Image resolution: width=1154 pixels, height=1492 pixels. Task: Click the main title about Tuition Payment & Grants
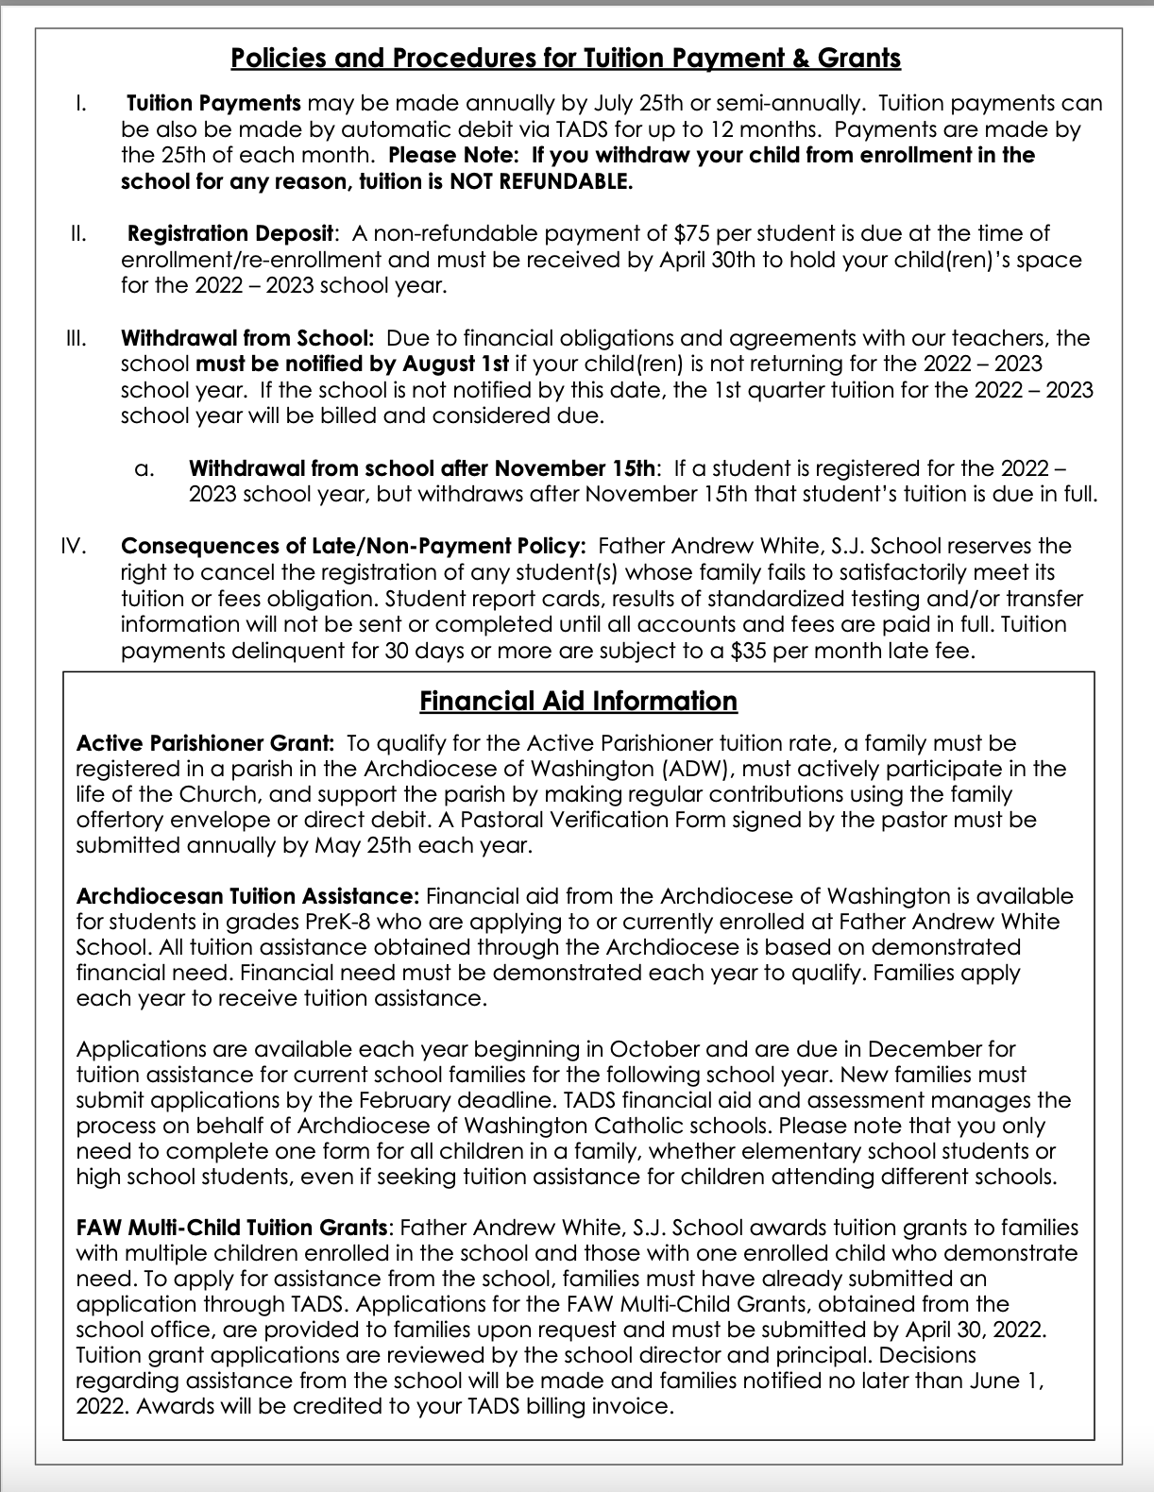[565, 59]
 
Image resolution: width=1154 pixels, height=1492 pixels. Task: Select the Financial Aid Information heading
[578, 701]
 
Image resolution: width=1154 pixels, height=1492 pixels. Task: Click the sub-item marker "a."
[144, 468]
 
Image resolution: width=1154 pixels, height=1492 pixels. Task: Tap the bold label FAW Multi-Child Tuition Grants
[232, 1228]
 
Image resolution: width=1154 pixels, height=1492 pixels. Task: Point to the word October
[655, 1048]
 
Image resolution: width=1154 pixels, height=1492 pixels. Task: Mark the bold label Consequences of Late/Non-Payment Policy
[353, 546]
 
